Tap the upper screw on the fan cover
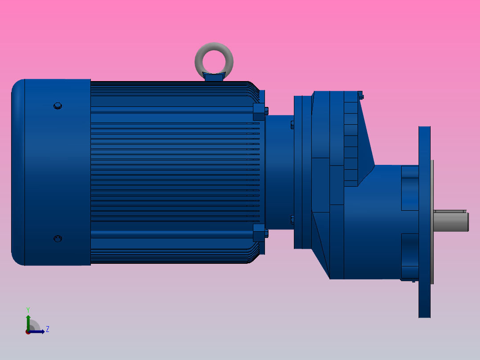pos(57,106)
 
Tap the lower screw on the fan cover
pos(57,238)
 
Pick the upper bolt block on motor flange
pos(259,112)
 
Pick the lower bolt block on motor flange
pos(259,233)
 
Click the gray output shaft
pos(450,221)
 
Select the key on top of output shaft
pos(450,211)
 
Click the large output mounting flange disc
pos(424,267)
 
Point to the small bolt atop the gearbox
pos(360,95)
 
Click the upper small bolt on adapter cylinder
pos(292,124)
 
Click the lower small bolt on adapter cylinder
pos(292,219)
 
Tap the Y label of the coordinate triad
pos(28,309)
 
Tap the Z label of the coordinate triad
pos(47,329)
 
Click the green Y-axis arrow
pos(28,321)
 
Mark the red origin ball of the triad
pos(28,332)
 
